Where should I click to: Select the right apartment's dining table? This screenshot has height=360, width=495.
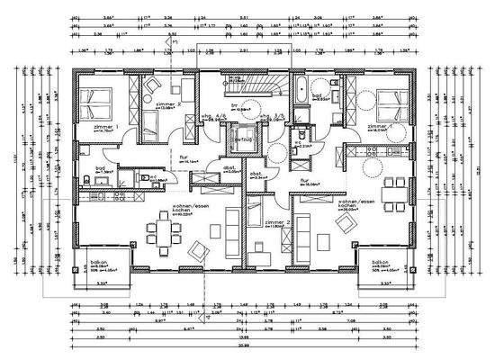[391, 191]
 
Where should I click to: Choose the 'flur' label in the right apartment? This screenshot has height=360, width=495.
[304, 180]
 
